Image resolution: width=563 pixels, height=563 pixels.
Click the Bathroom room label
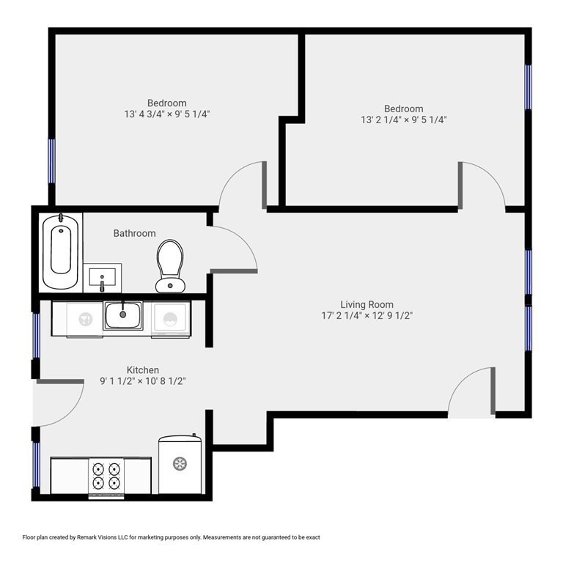(135, 233)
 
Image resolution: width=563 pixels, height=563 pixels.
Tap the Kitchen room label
(143, 369)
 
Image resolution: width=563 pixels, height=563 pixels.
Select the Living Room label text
(367, 304)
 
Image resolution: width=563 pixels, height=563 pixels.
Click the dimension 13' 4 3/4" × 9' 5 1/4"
(167, 114)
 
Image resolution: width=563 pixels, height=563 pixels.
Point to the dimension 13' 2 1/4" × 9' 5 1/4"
(404, 119)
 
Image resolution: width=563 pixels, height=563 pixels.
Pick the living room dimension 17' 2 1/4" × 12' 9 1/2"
(367, 316)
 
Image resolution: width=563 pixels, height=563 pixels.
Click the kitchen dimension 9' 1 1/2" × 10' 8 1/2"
(143, 381)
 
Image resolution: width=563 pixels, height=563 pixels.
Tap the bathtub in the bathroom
(60, 251)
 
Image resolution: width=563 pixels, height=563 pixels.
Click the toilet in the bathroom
(170, 265)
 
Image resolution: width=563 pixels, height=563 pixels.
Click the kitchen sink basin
(123, 316)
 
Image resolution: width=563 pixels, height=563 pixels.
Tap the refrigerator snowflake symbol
(180, 463)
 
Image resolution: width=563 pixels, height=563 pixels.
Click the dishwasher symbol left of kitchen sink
(86, 318)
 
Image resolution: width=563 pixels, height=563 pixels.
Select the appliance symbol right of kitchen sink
(170, 318)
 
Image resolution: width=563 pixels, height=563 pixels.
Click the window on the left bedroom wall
(52, 161)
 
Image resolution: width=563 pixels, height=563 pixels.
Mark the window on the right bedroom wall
(528, 87)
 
